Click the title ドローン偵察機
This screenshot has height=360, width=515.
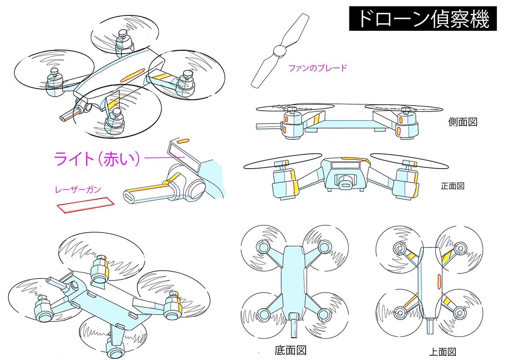(423, 19)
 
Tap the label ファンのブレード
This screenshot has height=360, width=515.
(317, 68)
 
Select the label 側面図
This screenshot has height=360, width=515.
(462, 122)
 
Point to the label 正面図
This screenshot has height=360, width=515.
(453, 186)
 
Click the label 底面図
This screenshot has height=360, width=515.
(291, 350)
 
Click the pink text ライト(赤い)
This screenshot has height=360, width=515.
(97, 159)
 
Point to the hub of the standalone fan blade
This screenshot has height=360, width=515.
(279, 51)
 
